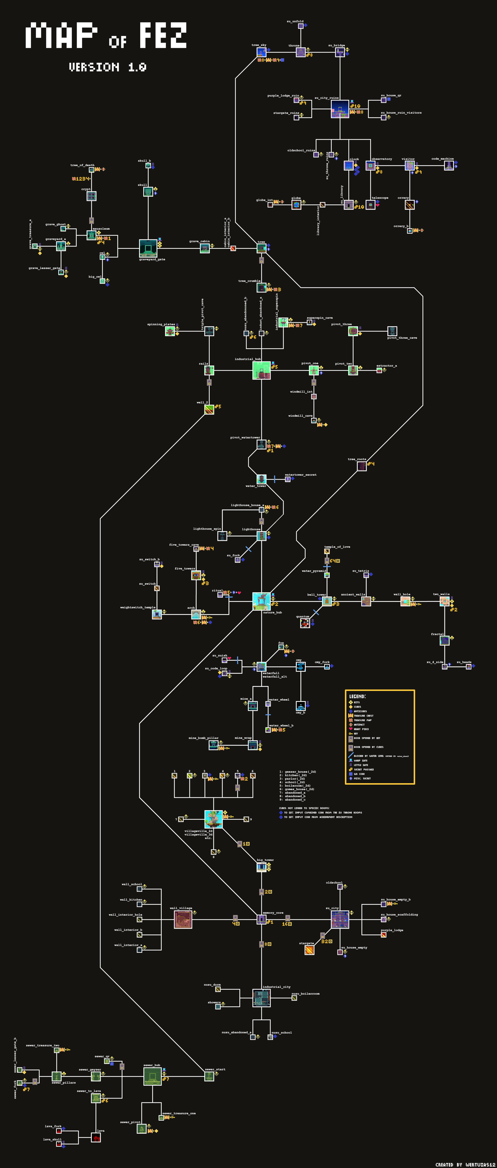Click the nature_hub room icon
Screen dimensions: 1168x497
[261, 601]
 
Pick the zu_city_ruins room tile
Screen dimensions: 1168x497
[340, 109]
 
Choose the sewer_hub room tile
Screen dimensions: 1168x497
[152, 1076]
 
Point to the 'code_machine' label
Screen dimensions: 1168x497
[442, 159]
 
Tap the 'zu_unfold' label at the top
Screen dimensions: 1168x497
[295, 21]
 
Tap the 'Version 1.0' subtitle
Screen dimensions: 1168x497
[107, 67]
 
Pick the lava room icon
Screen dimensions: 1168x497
[96, 1138]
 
